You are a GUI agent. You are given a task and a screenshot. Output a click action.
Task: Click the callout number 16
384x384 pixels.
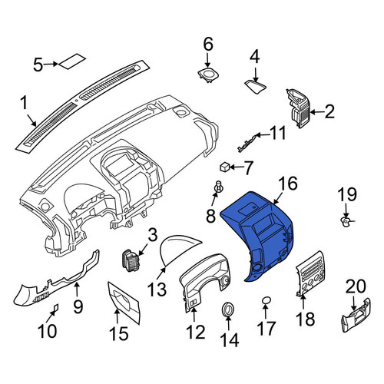tap(288, 184)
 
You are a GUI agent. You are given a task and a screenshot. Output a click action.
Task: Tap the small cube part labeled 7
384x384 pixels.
tap(225, 167)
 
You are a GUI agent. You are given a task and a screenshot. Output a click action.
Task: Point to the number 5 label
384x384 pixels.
tap(38, 65)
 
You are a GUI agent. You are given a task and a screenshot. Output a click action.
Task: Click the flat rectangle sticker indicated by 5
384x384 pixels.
tap(72, 61)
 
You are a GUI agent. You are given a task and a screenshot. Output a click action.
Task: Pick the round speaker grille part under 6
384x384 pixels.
tap(208, 75)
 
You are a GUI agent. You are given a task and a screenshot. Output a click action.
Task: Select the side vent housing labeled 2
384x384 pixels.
tap(299, 108)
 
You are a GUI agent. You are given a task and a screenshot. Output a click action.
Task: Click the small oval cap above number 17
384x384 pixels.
tap(266, 300)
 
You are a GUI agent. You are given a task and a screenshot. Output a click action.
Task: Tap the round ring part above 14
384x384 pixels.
tap(227, 310)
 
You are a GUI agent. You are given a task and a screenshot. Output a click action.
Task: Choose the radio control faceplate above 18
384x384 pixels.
tap(310, 274)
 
